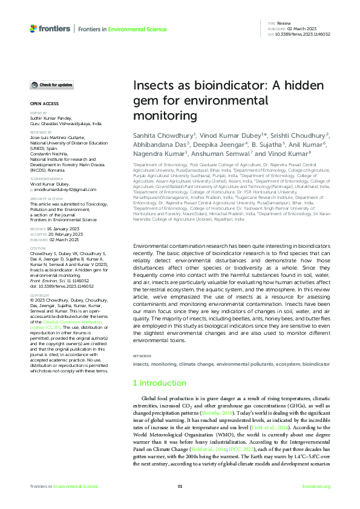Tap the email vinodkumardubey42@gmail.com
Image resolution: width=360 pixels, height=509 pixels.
65,172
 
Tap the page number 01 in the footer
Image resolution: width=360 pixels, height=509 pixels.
180,486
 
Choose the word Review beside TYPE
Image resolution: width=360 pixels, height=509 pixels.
284,22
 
